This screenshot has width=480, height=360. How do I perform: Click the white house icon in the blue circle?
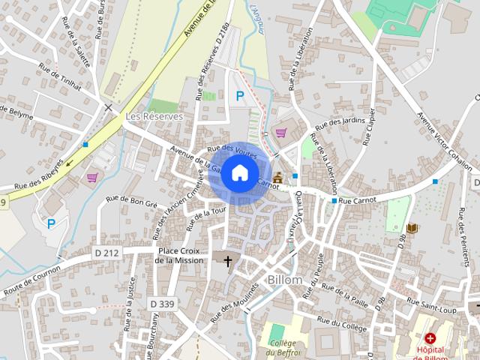[x=239, y=172]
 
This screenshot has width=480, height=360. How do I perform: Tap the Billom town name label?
[x=284, y=280]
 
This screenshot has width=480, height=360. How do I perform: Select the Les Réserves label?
[x=154, y=117]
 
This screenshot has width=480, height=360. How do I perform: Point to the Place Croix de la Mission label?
[x=178, y=256]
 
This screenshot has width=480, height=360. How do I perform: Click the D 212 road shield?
[x=106, y=253]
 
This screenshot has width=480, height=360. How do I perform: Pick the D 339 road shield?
[x=162, y=303]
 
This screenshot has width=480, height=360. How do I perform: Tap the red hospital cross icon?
[x=430, y=338]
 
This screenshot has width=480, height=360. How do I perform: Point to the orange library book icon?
[x=411, y=227]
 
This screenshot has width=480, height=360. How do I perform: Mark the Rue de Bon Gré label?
[x=132, y=201]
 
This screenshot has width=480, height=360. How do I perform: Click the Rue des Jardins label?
[x=341, y=124]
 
